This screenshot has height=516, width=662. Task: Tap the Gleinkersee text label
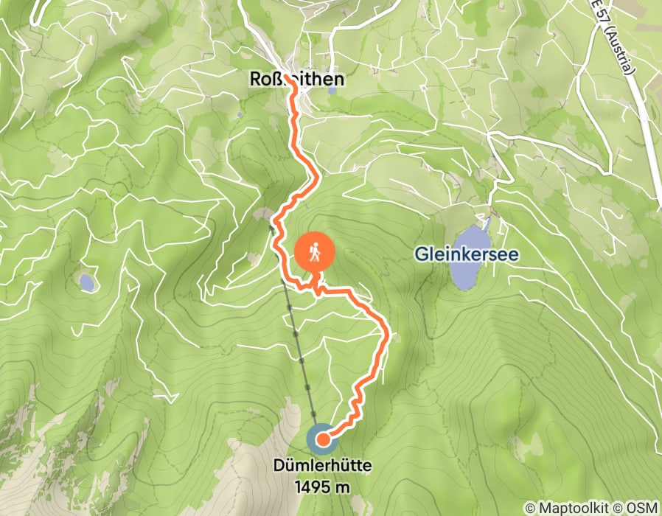click(x=466, y=254)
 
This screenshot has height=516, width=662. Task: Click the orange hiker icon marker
click(x=315, y=254)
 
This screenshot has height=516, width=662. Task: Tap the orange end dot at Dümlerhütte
click(x=322, y=441)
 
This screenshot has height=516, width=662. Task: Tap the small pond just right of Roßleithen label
click(x=332, y=91)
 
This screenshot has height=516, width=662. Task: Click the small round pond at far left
click(x=86, y=281)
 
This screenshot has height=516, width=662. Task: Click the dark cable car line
click(x=298, y=339)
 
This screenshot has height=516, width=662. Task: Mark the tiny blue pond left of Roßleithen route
click(x=240, y=116)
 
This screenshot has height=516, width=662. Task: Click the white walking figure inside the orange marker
click(x=315, y=253)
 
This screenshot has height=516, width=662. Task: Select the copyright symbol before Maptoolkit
click(x=531, y=509)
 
